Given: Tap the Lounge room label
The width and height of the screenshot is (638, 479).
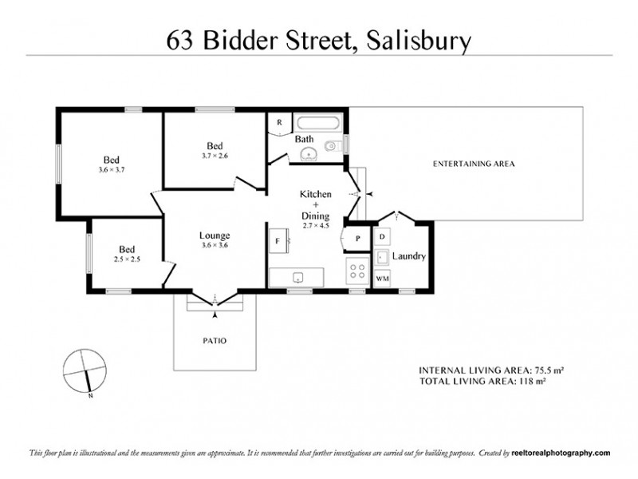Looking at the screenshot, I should click(215, 236).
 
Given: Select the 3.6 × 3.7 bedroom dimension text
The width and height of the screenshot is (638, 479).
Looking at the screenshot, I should click(112, 169).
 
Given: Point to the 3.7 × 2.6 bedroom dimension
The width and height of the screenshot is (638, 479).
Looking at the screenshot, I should click(215, 156).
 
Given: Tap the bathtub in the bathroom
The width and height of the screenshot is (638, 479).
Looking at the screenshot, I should click(319, 124).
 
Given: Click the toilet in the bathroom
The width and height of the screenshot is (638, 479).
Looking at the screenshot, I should click(334, 145).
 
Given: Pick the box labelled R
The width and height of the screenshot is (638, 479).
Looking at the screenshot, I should click(279, 123).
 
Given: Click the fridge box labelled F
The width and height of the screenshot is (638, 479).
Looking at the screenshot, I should click(277, 239).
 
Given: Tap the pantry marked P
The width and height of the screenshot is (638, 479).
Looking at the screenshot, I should click(357, 239).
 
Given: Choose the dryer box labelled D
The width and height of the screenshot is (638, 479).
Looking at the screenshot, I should click(383, 237).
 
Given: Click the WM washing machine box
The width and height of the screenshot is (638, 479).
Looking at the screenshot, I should click(383, 278).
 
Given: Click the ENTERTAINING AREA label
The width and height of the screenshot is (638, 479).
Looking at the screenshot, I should click(474, 164).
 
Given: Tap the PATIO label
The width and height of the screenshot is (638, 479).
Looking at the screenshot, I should click(215, 341).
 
